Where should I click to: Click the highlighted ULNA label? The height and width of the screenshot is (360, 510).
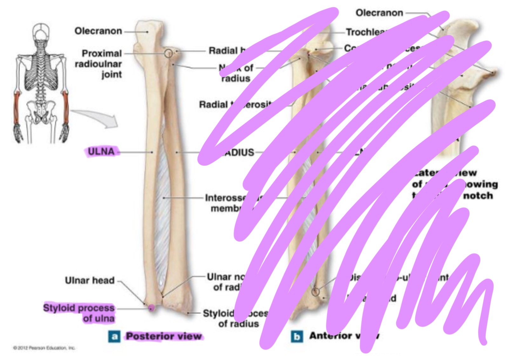pos(101,152)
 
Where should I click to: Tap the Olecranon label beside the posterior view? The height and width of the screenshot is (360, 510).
pos(98,31)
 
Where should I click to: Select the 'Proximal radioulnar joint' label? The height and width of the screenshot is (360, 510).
pos(99,64)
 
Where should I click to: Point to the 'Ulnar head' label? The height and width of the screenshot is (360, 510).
pos(90,280)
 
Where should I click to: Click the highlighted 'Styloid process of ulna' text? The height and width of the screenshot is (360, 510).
pos(79,313)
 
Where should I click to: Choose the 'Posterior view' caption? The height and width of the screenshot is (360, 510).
pos(164,336)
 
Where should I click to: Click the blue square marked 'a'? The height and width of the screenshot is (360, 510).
pos(114,336)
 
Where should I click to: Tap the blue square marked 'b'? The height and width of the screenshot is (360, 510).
pos(296,336)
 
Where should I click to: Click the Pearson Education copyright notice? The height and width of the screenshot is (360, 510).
pos(44,348)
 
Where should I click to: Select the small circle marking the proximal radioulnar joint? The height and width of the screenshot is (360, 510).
pos(169,53)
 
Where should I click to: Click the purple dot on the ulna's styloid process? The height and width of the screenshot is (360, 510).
pos(152,307)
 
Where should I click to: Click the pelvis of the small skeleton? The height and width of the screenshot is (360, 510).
pos(41,111)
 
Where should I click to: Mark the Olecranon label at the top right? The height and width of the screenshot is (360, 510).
pos(379,13)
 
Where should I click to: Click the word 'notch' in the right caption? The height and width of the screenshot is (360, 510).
pos(478,196)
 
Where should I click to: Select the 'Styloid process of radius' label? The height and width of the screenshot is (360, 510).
pos(235,318)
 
